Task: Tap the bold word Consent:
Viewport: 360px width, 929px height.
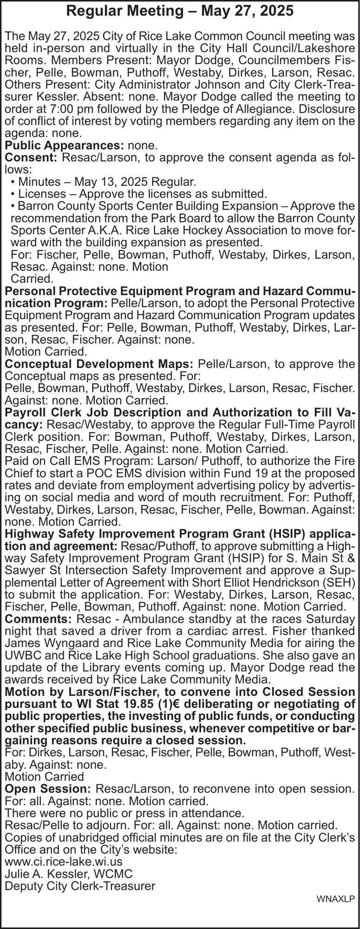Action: (31, 157)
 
